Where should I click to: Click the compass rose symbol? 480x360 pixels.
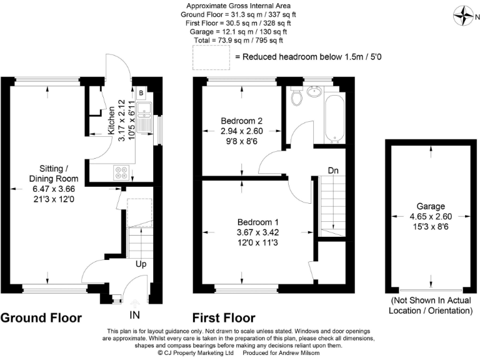463,16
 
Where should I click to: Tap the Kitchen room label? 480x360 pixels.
111,120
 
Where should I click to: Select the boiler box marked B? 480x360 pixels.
141,92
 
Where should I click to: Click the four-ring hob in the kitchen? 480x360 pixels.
121,172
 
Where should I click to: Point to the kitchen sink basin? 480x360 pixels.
144,109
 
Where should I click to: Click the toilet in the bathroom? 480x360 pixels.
296,96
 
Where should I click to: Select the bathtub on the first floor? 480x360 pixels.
334,119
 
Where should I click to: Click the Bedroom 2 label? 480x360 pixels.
241,121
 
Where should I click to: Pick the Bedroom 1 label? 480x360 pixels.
258,222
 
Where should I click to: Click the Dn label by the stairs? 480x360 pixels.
333,171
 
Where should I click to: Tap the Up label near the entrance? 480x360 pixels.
141,264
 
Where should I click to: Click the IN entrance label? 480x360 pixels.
135,315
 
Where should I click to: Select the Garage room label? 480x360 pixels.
431,206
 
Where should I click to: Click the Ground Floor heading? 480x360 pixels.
41,318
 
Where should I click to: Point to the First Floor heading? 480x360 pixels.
224,318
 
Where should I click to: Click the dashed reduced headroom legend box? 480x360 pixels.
211,57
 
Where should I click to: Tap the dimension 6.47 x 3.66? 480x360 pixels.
54,189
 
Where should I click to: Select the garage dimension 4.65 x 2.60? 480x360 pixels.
431,216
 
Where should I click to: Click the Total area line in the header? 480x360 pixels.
238,40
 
